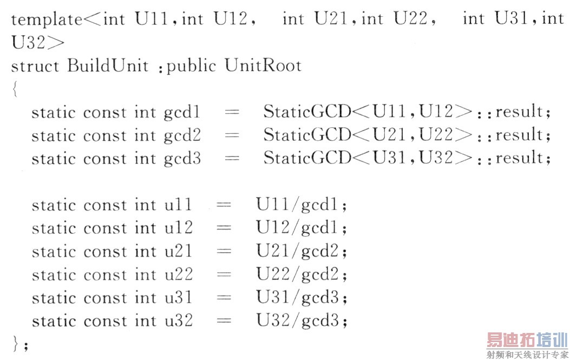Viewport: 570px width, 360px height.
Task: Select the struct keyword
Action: coord(35,66)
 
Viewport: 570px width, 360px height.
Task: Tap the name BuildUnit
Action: coord(108,66)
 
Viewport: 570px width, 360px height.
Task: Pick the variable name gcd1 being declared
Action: coord(182,113)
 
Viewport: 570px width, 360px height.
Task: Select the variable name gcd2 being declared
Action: coord(182,135)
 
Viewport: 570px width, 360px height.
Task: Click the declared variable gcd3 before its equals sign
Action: coord(182,159)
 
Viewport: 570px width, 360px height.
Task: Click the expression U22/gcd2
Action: coord(301,275)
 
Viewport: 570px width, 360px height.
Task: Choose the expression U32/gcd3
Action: coord(301,321)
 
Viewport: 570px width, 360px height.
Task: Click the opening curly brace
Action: coord(15,89)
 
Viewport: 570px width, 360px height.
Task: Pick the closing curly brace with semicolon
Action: coord(19,344)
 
